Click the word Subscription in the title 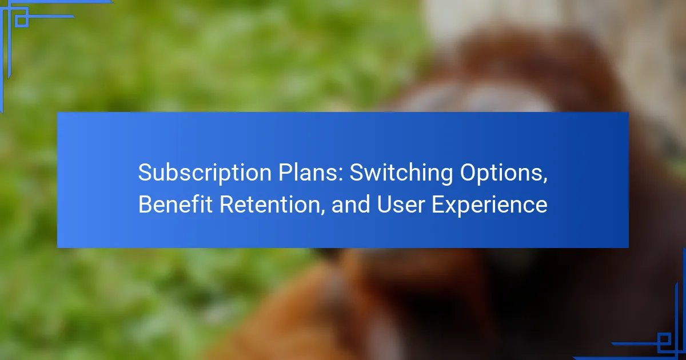point(205,173)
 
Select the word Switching point(401,173)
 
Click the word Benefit point(175,204)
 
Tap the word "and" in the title point(350,204)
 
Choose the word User point(401,204)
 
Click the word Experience point(489,205)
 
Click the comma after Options point(545,181)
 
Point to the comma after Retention point(322,212)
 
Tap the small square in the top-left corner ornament point(22,21)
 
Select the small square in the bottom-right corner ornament point(664,339)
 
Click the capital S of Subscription point(145,173)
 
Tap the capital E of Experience point(438,204)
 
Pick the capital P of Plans point(285,173)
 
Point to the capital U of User point(385,204)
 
